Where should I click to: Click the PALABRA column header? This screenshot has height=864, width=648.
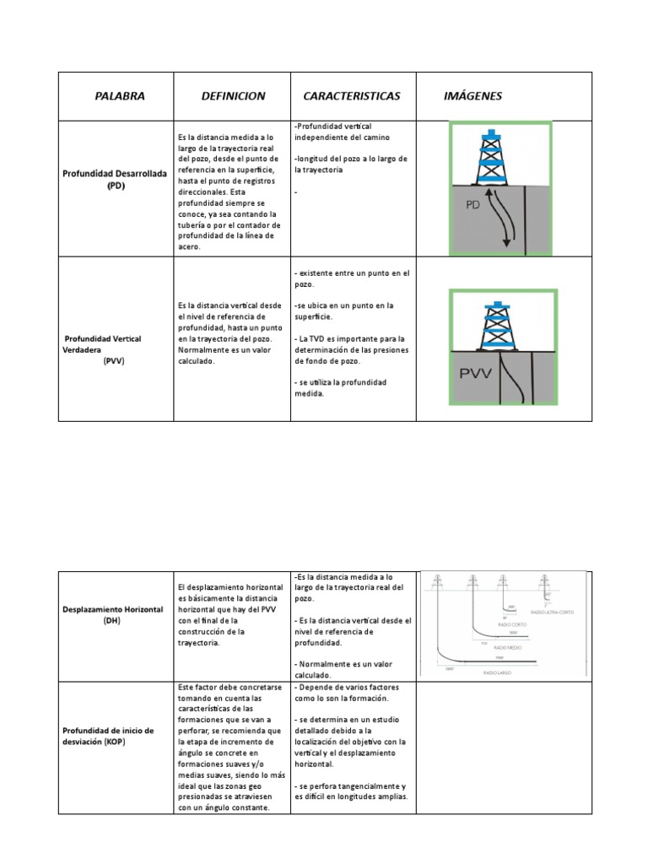(x=120, y=96)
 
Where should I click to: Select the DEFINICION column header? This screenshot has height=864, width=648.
(x=233, y=96)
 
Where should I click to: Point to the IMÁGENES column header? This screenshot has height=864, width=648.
(x=472, y=96)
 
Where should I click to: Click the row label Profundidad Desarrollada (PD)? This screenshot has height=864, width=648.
(x=116, y=180)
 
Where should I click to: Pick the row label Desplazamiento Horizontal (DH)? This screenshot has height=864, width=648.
(x=116, y=613)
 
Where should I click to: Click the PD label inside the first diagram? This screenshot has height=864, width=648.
(x=478, y=204)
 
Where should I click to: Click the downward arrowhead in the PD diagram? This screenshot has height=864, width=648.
(x=507, y=244)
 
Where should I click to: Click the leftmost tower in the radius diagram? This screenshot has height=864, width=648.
(x=437, y=581)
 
